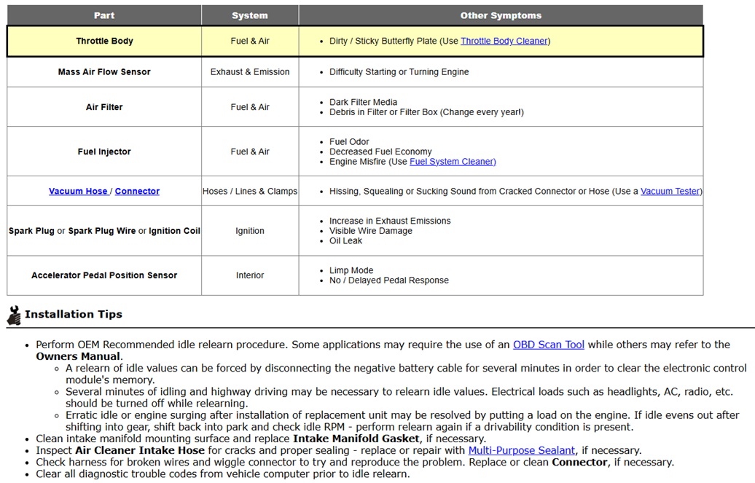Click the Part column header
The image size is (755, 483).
coord(104,15)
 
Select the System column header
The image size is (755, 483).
coord(250,15)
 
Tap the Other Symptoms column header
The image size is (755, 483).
coord(501,15)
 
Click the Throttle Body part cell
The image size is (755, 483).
coord(104,42)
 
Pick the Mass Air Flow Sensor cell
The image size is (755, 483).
coord(104,72)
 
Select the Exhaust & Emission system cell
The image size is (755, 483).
coord(250,72)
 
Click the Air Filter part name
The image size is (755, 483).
coord(104,107)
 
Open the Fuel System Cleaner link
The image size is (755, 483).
coord(453,162)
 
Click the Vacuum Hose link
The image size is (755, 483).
coord(78,192)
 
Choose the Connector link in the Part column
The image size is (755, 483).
coord(137,192)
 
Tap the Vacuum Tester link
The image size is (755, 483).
coord(670,192)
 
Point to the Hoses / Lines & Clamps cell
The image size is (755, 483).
coord(250,192)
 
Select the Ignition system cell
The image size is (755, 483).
coord(250,231)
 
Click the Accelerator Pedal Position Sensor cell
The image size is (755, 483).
coord(104,275)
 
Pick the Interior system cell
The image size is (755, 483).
coord(250,275)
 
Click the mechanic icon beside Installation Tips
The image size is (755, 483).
coord(14,315)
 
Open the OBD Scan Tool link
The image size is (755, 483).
coord(549,345)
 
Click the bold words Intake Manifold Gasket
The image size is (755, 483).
coord(356,439)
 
